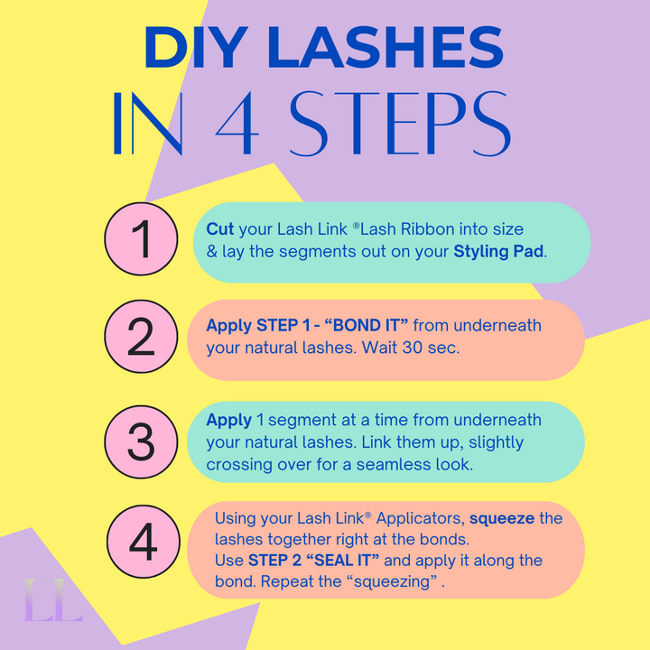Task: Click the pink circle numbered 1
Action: pyautogui.click(x=142, y=241)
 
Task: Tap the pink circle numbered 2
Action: pyautogui.click(x=142, y=338)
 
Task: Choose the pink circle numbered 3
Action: pyautogui.click(x=142, y=441)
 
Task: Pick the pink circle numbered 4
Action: pyautogui.click(x=142, y=543)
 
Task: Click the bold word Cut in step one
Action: pyautogui.click(x=220, y=230)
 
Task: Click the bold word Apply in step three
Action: pyautogui.click(x=228, y=420)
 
